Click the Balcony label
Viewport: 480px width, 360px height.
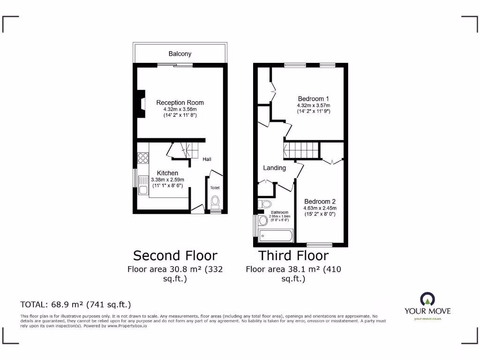(180, 54)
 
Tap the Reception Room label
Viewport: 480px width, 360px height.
(180, 103)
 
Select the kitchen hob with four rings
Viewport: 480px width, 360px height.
(143, 158)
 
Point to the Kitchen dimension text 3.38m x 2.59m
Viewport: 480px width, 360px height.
(167, 180)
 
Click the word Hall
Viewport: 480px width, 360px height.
(207, 159)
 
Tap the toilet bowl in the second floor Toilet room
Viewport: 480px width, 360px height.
(215, 202)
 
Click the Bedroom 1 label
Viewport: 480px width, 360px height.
(314, 99)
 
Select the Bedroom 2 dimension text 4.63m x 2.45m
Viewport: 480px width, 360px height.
(320, 208)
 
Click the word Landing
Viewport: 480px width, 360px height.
(274, 168)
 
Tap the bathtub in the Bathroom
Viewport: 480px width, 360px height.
(276, 236)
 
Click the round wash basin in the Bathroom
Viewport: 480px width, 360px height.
(262, 220)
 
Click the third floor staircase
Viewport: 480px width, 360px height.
(301, 151)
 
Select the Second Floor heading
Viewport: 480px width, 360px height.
(175, 255)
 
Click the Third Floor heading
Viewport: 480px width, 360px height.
(293, 255)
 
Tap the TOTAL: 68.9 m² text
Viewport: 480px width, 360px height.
(75, 304)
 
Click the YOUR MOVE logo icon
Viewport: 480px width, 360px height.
(427, 299)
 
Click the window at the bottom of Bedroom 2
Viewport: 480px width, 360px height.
(320, 244)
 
